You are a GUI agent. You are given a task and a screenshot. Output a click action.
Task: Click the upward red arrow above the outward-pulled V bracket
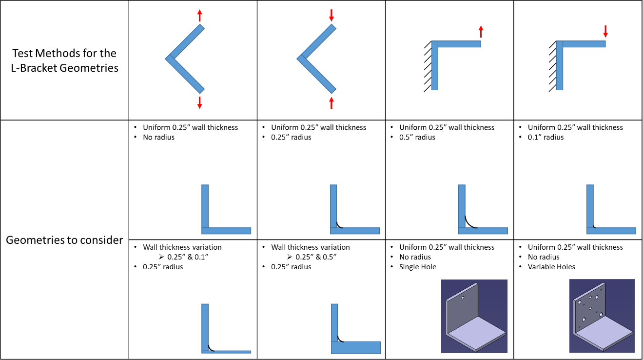point(199,15)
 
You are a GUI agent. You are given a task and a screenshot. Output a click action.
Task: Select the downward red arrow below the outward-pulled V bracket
point(199,103)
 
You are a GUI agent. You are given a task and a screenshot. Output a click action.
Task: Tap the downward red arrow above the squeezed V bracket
point(331,15)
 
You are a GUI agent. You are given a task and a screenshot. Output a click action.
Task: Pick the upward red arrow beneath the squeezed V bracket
point(331,102)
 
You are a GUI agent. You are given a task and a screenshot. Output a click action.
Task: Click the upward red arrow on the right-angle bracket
point(481,31)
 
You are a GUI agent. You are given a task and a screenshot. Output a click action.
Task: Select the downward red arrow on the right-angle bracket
point(605,31)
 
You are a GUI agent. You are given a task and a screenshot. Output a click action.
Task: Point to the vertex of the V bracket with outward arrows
point(168,59)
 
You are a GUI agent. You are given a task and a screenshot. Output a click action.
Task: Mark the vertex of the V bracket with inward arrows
point(300,59)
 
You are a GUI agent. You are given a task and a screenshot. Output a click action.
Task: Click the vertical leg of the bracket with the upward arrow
point(435,68)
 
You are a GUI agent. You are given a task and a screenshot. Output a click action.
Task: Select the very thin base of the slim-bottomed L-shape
point(229,352)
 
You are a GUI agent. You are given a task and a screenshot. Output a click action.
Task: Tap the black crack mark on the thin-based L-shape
point(211,348)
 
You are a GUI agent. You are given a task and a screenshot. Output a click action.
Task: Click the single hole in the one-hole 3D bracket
point(463,297)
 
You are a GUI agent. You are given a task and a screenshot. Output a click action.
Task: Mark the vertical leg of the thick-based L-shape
point(334,320)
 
